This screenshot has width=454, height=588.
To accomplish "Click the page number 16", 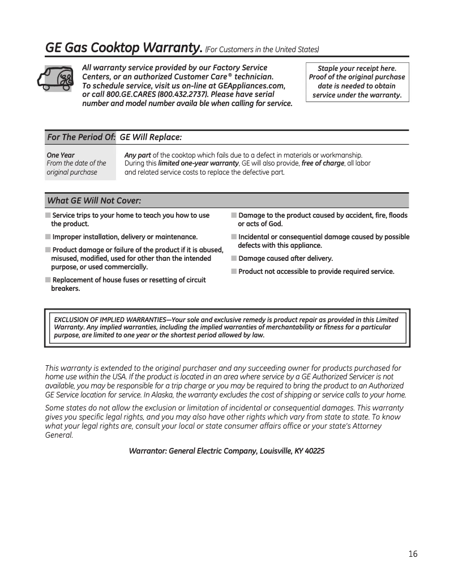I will coord(412,554).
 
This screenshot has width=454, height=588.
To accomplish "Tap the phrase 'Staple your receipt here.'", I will coord(357,68).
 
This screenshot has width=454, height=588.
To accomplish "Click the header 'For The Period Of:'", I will coord(81,138).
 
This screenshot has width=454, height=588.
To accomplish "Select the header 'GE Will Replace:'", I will coord(151,138).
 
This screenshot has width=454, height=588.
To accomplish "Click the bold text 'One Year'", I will coord(61,155).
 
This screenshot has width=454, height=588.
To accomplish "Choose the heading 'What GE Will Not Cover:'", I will coord(94,201).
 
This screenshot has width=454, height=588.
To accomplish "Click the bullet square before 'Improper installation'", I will coord(48,237).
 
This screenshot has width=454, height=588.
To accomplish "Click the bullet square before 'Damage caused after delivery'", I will coord(234,259).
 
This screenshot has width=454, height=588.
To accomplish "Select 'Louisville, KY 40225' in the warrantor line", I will coord(292,451).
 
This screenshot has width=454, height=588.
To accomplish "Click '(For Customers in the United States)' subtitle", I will coord(262,50).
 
